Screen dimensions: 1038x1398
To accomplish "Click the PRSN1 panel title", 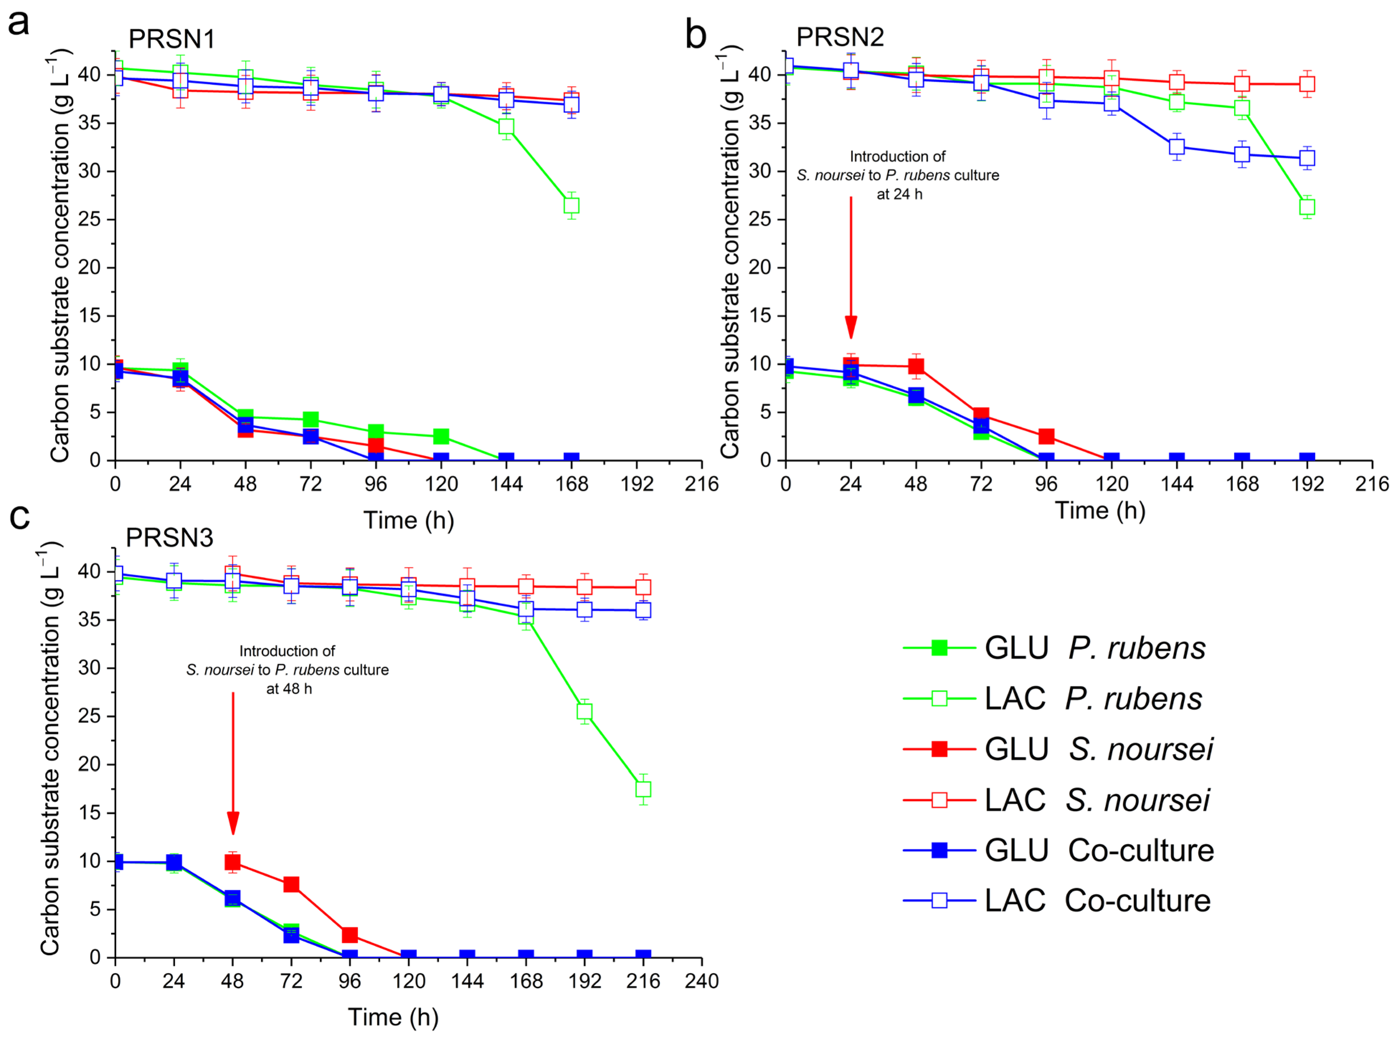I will tap(171, 39).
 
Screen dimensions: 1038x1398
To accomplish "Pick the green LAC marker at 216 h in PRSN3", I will tap(643, 789).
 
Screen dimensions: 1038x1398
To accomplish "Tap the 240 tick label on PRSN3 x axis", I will tap(702, 981).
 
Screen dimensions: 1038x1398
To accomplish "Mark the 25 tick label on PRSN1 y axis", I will tap(89, 219).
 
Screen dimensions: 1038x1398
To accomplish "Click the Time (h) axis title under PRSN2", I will tap(1100, 510).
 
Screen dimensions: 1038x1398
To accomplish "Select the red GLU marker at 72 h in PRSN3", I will tap(291, 885).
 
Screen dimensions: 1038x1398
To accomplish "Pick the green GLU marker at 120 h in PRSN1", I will tap(441, 436).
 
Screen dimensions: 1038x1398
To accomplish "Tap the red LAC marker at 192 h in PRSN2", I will tap(1307, 84).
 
